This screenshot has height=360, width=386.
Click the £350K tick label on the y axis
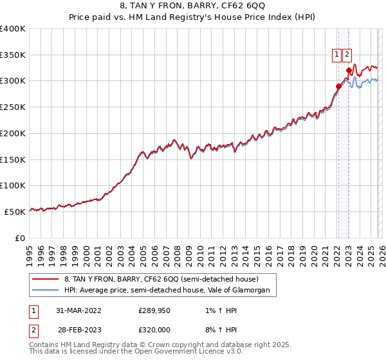[13, 55]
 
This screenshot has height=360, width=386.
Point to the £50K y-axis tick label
[15, 212]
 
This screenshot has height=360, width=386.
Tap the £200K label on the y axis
[13, 133]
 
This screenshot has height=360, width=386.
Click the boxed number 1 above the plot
[336, 55]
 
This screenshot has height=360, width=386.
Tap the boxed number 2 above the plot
[347, 55]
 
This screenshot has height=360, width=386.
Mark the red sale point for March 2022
[338, 86]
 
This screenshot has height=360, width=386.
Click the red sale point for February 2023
[349, 71]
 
